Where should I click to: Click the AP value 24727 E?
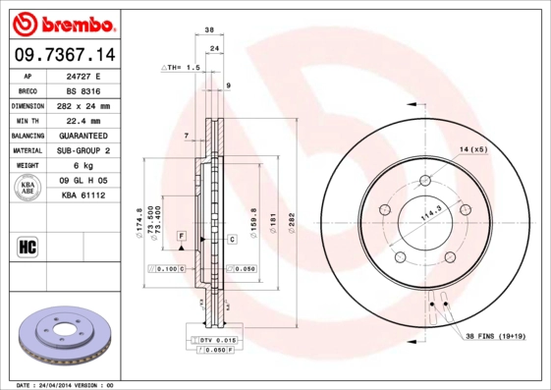[x=83, y=76]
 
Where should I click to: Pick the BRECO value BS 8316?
[x=83, y=90]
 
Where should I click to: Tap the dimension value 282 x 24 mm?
[x=83, y=105]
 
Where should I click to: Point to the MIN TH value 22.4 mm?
[x=83, y=120]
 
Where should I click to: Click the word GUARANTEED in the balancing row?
[x=83, y=135]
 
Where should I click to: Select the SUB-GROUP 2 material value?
[x=83, y=150]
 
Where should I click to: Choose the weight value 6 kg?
[x=83, y=165]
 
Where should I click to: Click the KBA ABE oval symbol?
[x=28, y=188]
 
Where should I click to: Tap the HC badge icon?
[x=28, y=245]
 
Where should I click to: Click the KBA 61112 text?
[x=83, y=195]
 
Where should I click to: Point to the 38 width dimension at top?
[x=209, y=32]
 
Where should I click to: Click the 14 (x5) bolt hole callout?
[x=472, y=148]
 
